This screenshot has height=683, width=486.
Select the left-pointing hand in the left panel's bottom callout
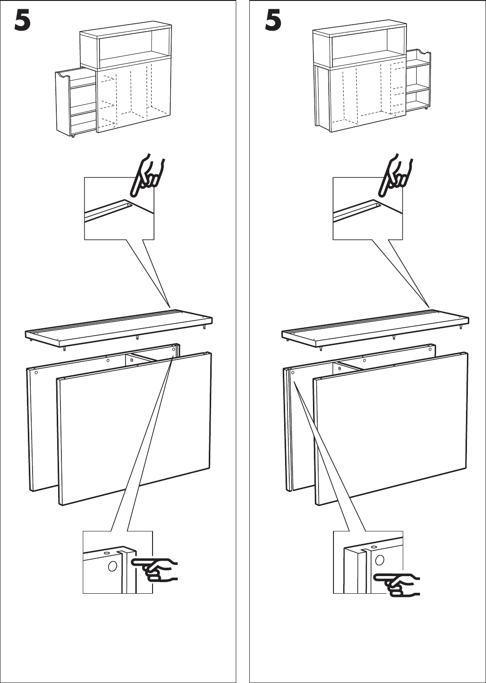click(155, 570)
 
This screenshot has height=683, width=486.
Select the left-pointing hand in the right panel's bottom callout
click(397, 584)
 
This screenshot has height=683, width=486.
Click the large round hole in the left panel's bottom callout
click(112, 566)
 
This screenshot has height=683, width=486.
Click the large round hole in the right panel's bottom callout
click(379, 560)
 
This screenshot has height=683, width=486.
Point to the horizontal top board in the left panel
click(119, 328)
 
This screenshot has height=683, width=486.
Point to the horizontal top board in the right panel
click(375, 328)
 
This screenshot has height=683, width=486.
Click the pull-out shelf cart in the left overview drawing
click(75, 103)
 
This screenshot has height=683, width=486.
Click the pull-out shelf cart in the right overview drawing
click(418, 80)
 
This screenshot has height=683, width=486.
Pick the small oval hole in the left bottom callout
click(107, 553)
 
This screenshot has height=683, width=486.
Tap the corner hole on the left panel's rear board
click(36, 372)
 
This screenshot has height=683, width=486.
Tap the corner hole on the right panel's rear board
click(293, 372)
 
